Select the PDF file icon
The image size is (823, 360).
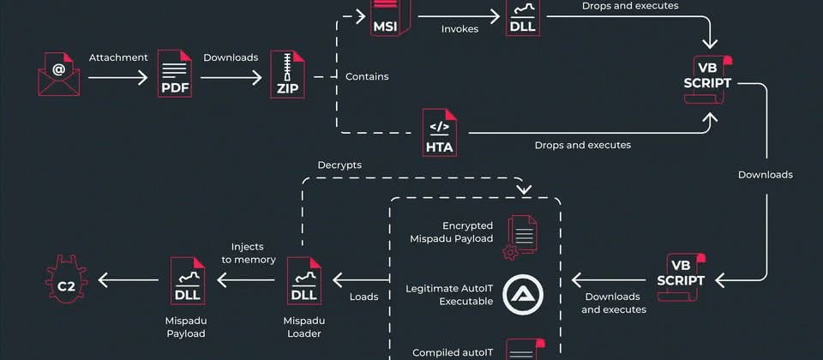pos(175,74)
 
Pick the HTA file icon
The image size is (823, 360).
pos(439,133)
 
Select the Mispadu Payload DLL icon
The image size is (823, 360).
pos(188,279)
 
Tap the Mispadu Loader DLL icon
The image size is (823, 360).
pos(303,279)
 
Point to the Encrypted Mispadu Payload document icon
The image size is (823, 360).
pos(521,237)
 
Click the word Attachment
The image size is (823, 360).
pos(117,57)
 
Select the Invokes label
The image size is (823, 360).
pos(460,28)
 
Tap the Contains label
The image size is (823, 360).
pos(367,76)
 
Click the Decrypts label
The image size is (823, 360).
pos(339,165)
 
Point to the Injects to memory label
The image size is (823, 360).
pos(249,253)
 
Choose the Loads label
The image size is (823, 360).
pos(363,299)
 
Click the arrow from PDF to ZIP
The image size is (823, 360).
pos(231,77)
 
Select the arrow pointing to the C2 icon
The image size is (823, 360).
pos(129,279)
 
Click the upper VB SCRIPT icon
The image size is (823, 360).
pos(708,78)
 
